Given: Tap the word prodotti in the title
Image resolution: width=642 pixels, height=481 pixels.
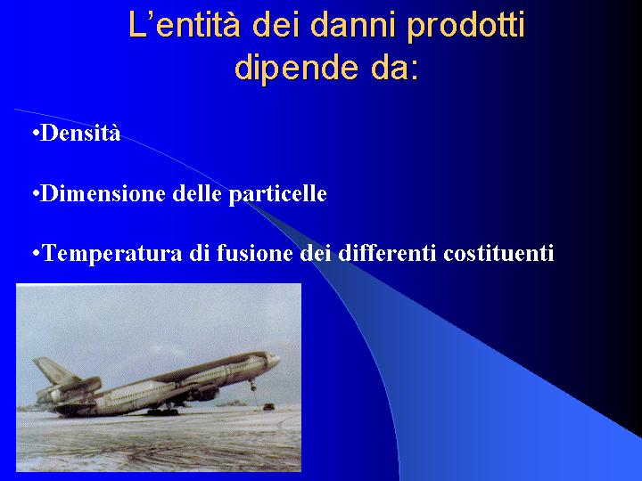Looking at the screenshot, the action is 466,27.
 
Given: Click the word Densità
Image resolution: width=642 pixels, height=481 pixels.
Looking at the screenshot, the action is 80,133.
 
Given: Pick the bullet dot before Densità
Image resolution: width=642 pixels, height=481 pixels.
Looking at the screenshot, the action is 36,134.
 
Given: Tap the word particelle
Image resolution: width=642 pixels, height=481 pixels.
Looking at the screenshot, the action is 277,195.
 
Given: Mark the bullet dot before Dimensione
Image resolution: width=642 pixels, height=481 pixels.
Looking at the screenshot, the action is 36,193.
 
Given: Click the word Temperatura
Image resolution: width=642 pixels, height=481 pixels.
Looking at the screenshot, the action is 112,254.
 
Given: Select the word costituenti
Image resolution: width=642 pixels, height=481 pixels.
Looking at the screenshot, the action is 498,253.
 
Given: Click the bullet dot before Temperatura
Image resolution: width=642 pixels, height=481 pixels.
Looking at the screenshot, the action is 36,254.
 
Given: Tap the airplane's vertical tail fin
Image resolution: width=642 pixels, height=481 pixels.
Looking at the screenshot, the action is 54,371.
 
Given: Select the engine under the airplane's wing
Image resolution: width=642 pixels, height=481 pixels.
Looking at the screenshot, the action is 204,394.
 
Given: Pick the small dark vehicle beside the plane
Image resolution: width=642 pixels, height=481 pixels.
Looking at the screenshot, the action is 268,406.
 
